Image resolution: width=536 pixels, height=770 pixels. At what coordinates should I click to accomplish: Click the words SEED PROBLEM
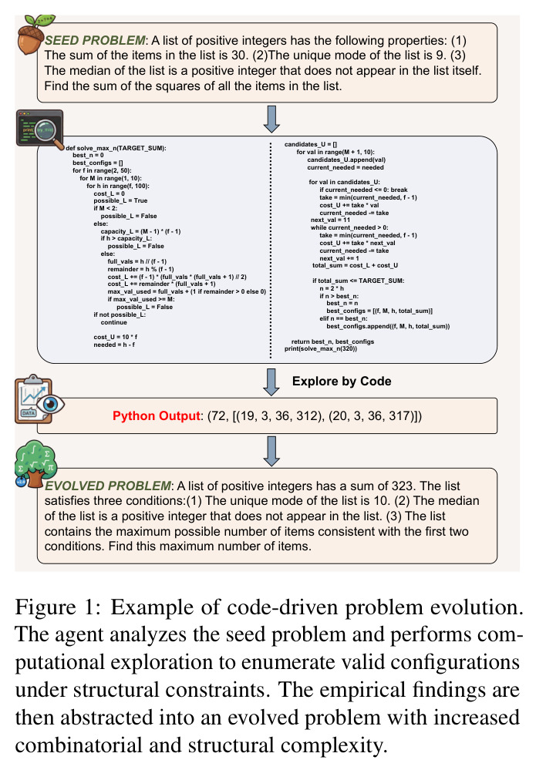click(96, 40)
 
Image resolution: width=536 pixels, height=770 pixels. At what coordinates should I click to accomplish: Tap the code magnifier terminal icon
click(40, 129)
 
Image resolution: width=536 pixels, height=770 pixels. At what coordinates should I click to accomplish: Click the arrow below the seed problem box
click(271, 119)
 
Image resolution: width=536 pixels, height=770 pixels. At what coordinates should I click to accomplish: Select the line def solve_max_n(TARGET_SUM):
click(116, 148)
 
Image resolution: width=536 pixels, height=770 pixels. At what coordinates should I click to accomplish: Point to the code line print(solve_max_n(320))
click(321, 348)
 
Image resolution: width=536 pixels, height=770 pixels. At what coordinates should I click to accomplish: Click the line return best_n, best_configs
click(332, 341)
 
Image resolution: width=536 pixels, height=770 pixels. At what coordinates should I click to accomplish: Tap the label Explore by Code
click(342, 381)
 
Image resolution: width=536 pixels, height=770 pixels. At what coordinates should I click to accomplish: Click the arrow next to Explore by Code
click(271, 382)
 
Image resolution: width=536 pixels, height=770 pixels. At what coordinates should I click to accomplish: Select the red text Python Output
click(157, 416)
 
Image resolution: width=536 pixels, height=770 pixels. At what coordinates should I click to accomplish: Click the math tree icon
click(36, 464)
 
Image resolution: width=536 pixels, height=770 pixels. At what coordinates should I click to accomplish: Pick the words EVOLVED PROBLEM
click(108, 486)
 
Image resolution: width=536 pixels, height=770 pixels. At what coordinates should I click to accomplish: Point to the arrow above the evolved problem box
click(271, 452)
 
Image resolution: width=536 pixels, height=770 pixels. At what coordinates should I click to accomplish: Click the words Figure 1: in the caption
click(59, 607)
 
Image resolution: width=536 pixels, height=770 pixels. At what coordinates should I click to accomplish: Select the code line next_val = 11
click(330, 220)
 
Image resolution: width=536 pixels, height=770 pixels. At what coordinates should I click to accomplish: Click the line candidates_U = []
click(311, 144)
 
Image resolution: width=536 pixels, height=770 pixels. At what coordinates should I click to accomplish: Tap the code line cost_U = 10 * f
click(116, 337)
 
